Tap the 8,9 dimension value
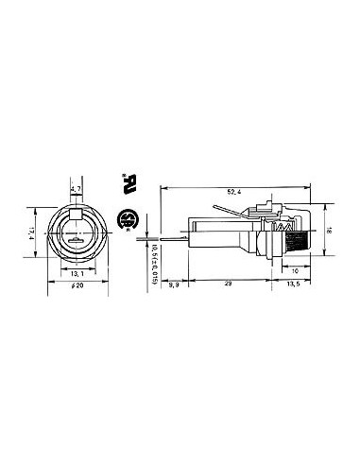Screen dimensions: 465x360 176,282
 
